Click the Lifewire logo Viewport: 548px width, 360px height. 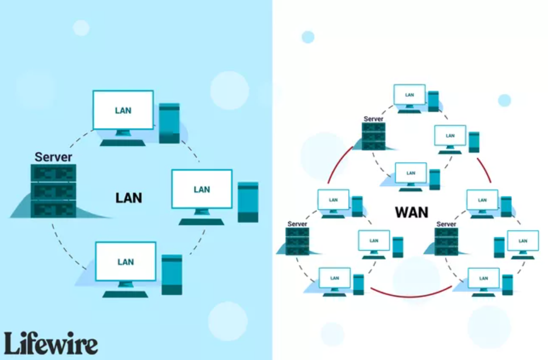[50, 343]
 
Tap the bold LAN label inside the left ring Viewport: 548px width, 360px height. [128, 198]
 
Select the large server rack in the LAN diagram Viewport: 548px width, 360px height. [53, 190]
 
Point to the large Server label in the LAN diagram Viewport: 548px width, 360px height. [53, 157]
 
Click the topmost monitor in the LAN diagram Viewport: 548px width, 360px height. [123, 110]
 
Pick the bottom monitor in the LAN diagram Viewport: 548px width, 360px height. [125, 261]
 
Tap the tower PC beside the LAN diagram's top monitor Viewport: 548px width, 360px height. [169, 123]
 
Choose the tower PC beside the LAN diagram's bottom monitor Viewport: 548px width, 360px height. [172, 274]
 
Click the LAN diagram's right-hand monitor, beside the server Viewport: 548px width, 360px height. [202, 189]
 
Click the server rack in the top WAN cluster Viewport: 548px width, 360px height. [373, 136]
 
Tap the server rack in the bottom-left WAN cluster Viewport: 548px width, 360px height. [297, 240]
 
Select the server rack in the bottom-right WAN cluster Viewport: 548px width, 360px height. [446, 240]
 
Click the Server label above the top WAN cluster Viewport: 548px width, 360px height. [373, 118]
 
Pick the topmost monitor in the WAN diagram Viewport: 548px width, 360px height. [409, 95]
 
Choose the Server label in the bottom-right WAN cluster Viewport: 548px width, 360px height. [446, 224]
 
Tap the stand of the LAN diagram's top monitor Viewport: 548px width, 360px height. [123, 136]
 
